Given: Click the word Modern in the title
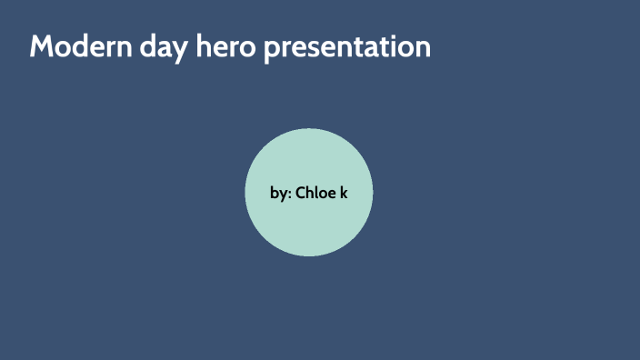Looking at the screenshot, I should (x=76, y=46).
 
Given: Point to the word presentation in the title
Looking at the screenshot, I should (x=346, y=47).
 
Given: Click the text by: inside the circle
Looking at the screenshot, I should (x=281, y=193).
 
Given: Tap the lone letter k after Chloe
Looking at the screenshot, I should (x=345, y=193).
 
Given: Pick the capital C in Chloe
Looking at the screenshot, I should (x=301, y=193).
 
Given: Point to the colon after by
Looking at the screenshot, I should (x=289, y=195).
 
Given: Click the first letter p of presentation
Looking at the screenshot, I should (x=272, y=49).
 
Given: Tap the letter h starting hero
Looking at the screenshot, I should (x=195, y=45).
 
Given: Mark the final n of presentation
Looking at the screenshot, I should (x=422, y=48).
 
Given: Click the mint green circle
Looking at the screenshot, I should (x=309, y=227).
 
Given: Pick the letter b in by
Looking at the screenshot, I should (x=275, y=193).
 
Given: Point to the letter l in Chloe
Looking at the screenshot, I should (x=318, y=192).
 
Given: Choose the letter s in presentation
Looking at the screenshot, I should (x=315, y=48).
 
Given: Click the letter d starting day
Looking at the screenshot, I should (x=137, y=46).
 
